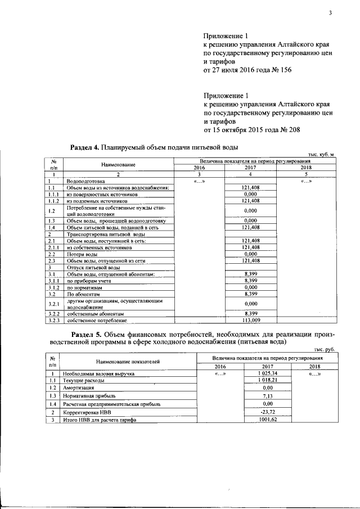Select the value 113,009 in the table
tap(250, 321)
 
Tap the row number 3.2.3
tap(54, 321)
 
